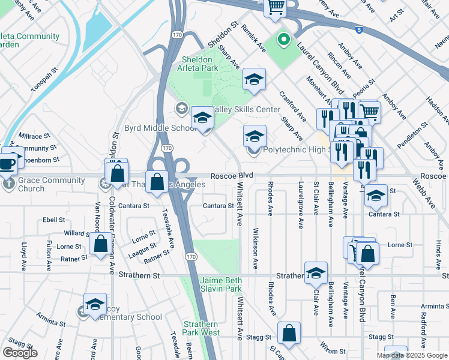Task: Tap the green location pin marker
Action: pos(283,40)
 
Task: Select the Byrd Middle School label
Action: pos(152,128)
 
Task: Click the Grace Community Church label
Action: pos(31,183)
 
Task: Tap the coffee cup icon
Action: pos(8,163)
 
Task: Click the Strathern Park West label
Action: pos(202,327)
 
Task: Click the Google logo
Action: pos(20,353)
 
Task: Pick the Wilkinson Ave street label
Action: pos(256,247)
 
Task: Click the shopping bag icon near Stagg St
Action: pos(289,334)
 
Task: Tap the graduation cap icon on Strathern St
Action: pos(315,273)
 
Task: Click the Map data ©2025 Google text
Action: pos(411,355)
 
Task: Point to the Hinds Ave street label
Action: pos(439,251)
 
